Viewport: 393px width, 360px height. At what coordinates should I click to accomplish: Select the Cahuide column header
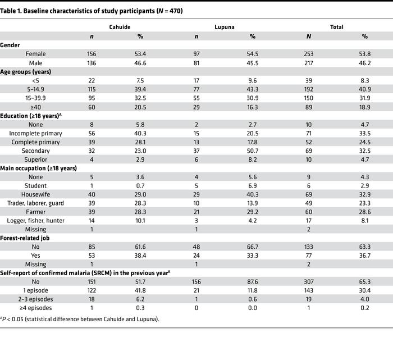tap(120, 27)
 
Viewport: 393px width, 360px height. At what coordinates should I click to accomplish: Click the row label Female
tap(35, 53)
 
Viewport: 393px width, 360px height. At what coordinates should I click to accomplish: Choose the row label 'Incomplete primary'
tap(35, 133)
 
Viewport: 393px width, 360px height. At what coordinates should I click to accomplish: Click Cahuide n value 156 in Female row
tap(92, 53)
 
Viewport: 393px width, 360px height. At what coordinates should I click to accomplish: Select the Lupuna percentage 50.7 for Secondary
tap(253, 151)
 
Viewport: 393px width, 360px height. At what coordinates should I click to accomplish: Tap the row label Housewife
tap(35, 195)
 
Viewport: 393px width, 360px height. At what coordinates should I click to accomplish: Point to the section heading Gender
tap(11, 44)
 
